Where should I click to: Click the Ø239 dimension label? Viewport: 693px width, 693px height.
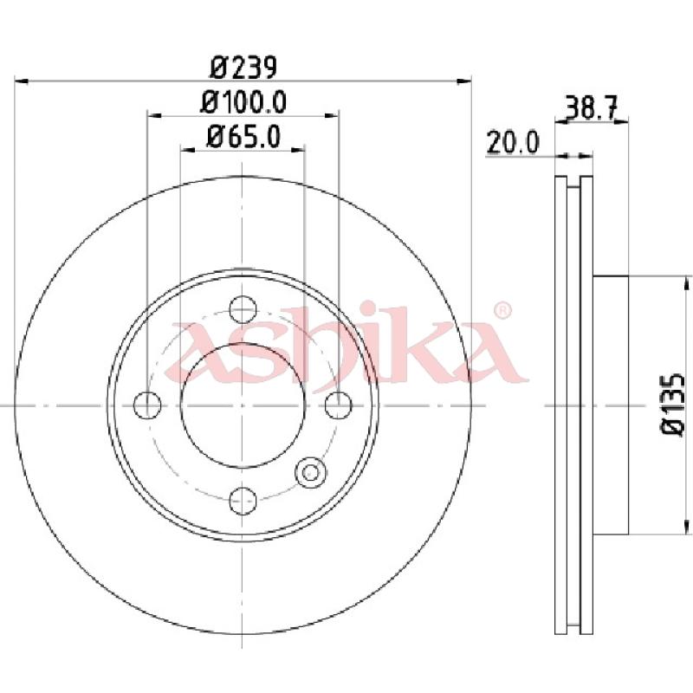[243, 68]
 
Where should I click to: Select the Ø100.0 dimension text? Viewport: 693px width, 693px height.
[243, 101]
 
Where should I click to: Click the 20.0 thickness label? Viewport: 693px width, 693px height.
[513, 142]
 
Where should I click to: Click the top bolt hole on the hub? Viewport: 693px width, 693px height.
[243, 309]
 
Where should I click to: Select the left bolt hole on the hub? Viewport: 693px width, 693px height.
[147, 405]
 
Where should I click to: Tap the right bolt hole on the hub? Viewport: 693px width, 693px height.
[339, 405]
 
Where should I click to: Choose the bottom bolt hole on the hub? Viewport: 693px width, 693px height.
[243, 501]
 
